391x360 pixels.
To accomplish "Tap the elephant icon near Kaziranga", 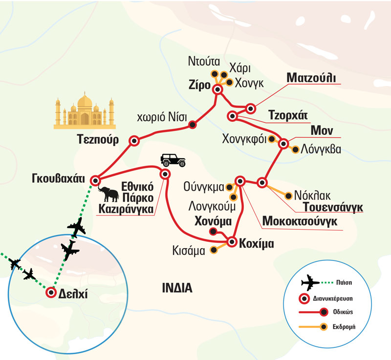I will coord(108,194).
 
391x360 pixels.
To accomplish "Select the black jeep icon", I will coord(171,160).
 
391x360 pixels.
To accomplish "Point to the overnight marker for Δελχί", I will coord(50,293).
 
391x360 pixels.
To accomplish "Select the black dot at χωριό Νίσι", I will coord(193,125).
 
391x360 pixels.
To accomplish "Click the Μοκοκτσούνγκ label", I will coord(300,221).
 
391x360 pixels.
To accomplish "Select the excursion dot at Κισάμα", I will coord(213,250).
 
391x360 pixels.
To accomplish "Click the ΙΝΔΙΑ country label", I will coord(177,288).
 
